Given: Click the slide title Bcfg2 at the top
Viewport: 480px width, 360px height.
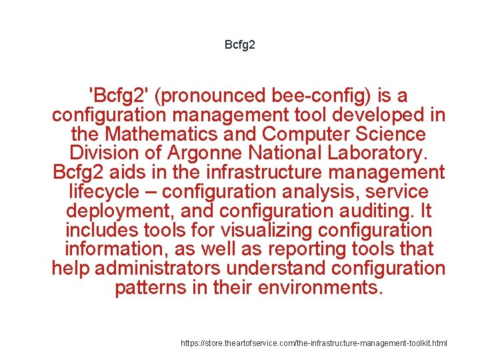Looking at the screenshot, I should [240, 45].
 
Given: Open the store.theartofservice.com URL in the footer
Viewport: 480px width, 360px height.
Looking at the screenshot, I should [314, 343].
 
